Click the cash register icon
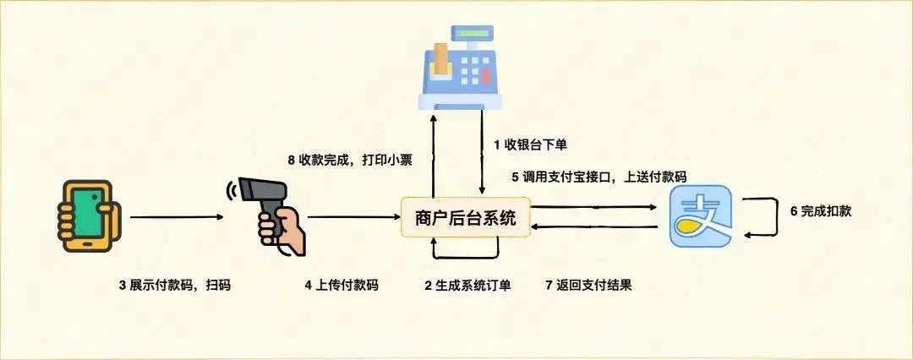462,68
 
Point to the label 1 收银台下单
530,145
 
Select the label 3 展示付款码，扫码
174,285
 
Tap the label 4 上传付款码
341,285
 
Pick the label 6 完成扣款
820,211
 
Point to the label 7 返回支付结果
589,285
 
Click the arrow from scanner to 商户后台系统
354,217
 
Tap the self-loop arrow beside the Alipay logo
774,217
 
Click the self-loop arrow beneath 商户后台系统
465,256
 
